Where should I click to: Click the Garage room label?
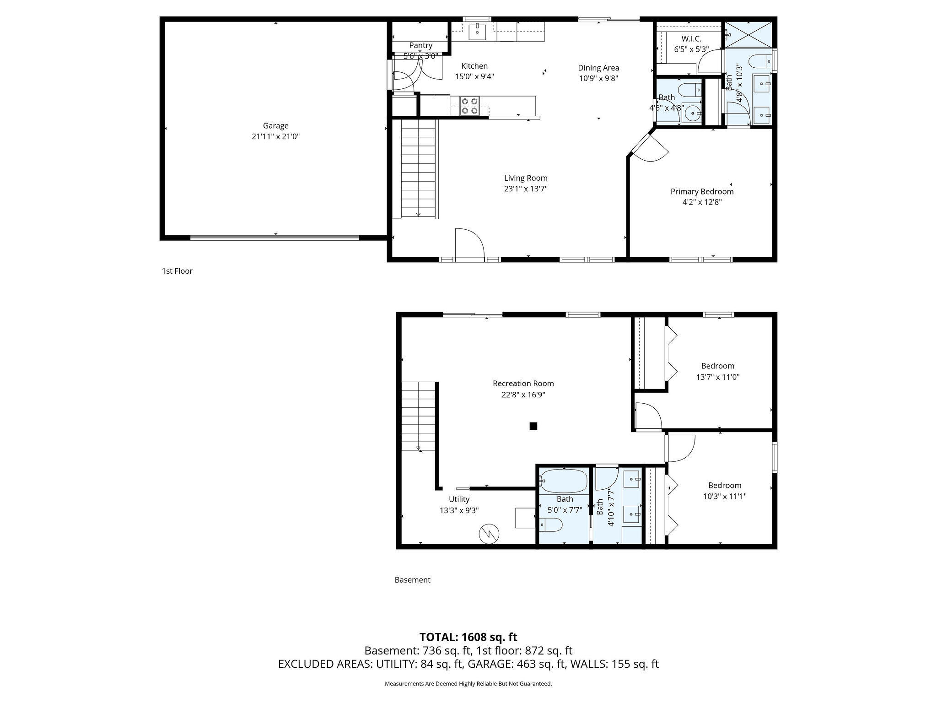pyautogui.click(x=275, y=125)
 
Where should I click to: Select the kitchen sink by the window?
pyautogui.click(x=478, y=30)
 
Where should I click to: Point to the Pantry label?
pyautogui.click(x=420, y=45)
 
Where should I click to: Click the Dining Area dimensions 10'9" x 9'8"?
pyautogui.click(x=598, y=78)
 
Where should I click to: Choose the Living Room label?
pyautogui.click(x=526, y=178)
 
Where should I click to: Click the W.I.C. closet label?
pyautogui.click(x=691, y=39)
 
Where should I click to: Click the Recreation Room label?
pyautogui.click(x=523, y=384)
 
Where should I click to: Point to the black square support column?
pyautogui.click(x=533, y=426)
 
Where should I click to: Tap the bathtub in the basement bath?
pyautogui.click(x=564, y=480)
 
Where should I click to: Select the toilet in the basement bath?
pyautogui.click(x=551, y=525)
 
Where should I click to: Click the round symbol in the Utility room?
pyautogui.click(x=489, y=534)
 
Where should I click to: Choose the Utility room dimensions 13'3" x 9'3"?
pyautogui.click(x=459, y=510)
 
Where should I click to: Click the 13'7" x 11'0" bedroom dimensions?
pyautogui.click(x=718, y=377)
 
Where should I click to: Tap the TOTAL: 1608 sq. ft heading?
pyautogui.click(x=468, y=637)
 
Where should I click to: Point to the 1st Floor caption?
pyautogui.click(x=177, y=271)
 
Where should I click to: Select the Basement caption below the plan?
pyautogui.click(x=413, y=580)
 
